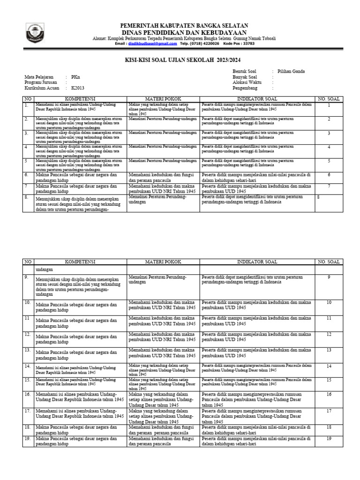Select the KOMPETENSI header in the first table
point(79,99)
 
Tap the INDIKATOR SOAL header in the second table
point(257,262)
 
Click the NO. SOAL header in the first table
point(329,99)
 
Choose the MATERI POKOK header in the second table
point(163,262)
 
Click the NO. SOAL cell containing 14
point(329,366)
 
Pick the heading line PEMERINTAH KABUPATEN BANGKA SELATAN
point(184,25)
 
